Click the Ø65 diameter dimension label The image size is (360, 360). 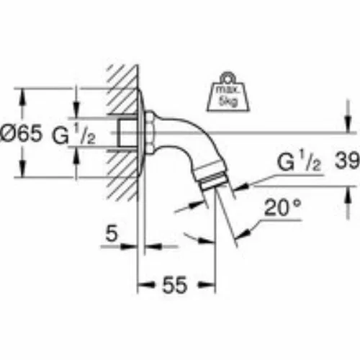pos(21,133)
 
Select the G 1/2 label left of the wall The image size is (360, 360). pos(74,135)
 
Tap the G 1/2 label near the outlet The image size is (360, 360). pos(299,161)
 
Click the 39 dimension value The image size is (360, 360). pos(347,161)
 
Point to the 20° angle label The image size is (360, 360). pos(282,208)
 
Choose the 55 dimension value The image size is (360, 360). pos(174,285)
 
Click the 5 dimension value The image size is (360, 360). pos(112,233)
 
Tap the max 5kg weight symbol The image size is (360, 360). pos(228,92)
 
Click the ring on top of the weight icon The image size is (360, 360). pos(228,77)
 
